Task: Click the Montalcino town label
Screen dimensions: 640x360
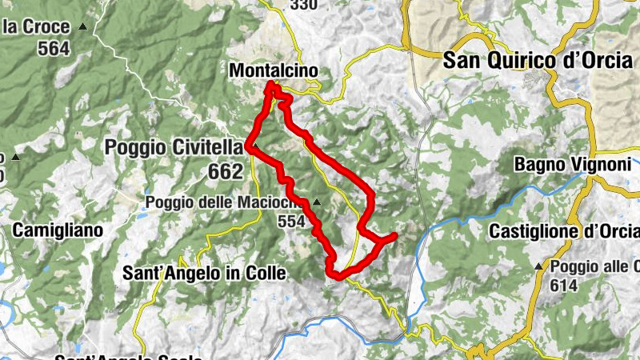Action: click(273, 71)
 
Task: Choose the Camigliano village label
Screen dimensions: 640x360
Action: click(58, 230)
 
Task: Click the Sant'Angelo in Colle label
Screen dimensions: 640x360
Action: click(204, 274)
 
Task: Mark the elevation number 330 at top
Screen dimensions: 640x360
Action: click(304, 6)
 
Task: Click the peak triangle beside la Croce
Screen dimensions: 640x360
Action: click(83, 27)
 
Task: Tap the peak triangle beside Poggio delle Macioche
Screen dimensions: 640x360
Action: click(318, 202)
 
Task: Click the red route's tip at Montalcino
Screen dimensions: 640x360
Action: click(273, 85)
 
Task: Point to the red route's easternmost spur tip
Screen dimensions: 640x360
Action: click(395, 235)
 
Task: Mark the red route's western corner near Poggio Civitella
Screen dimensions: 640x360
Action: click(250, 147)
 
